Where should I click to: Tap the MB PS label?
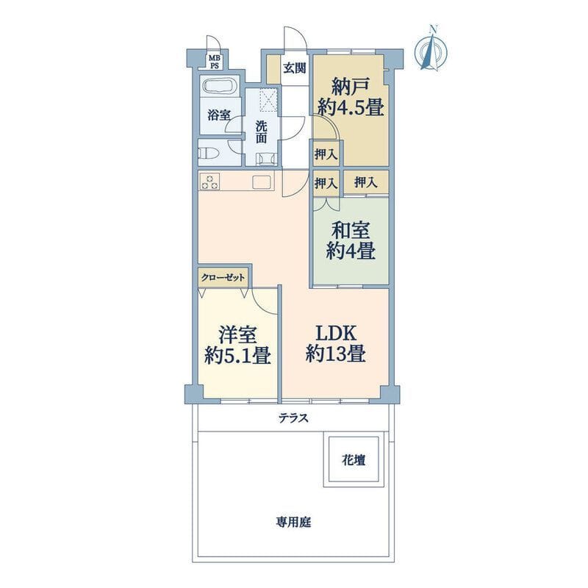[215, 62]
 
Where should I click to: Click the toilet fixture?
[209, 154]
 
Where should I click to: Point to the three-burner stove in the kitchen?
[209, 181]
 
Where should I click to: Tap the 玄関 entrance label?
[295, 68]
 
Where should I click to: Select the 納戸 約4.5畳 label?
[351, 97]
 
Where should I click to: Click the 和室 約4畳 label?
[351, 241]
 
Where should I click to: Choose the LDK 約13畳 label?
[336, 343]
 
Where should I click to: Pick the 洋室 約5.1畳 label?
[237, 345]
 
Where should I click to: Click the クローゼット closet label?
[223, 278]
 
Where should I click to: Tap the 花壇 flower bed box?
[354, 460]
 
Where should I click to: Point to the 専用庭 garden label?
[293, 522]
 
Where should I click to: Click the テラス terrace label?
[293, 417]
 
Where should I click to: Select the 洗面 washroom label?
[262, 132]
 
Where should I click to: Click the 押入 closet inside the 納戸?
[326, 154]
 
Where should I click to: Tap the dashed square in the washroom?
[268, 101]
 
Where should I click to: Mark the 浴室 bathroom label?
[219, 115]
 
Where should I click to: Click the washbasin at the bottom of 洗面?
[266, 159]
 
